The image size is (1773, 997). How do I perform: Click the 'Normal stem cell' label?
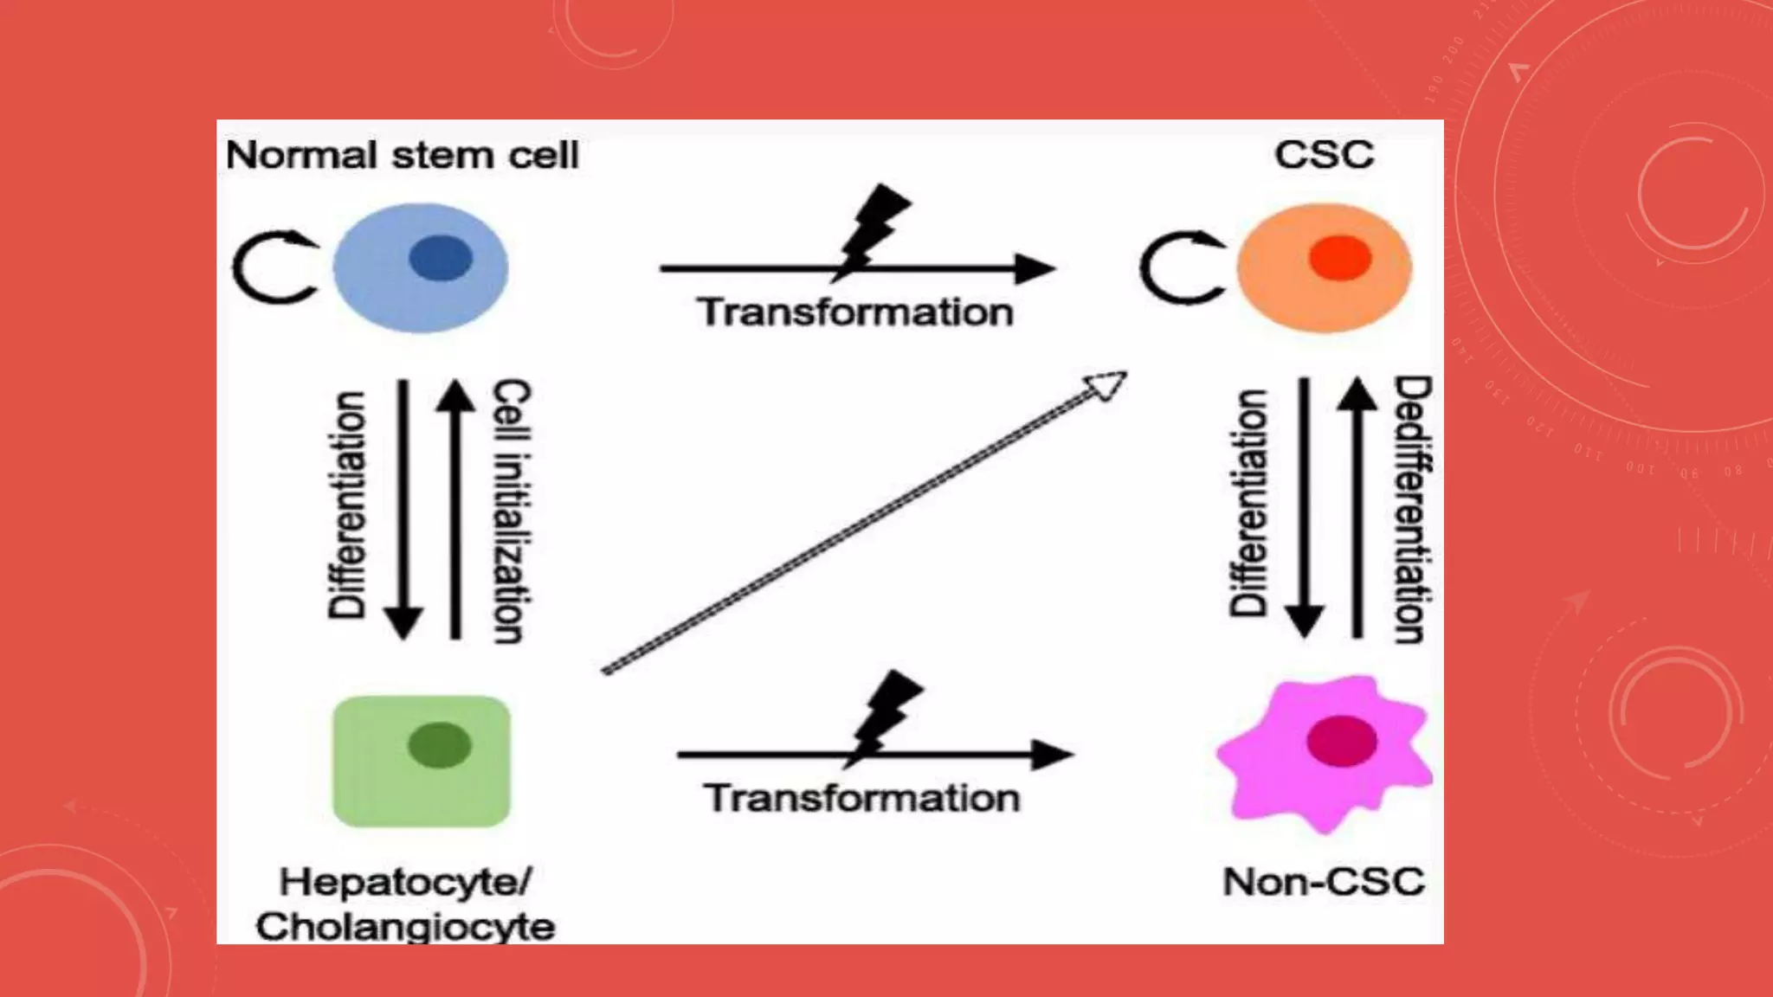402,156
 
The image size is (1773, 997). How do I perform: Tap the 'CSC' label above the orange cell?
1324,155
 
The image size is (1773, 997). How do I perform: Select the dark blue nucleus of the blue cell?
441,258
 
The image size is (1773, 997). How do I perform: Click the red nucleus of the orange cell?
1340,258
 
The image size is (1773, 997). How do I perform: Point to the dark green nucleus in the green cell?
440,745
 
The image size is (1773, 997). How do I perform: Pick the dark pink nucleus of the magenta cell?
1342,741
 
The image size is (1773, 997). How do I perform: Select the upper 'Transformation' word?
855,312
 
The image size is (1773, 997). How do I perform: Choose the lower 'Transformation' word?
861,798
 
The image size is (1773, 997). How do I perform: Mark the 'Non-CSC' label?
1323,882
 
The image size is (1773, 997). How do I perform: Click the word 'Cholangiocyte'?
405,927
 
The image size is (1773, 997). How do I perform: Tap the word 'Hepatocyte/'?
405,883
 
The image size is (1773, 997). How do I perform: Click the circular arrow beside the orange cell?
1181,267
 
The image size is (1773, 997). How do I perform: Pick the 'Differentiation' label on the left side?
347,505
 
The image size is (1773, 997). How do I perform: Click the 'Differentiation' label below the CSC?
1249,503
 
